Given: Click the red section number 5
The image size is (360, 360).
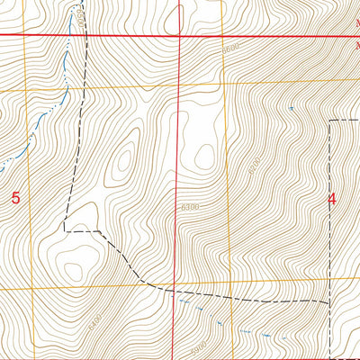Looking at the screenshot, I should [x=15, y=197].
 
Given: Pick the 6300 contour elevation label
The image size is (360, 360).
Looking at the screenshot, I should [x=190, y=208].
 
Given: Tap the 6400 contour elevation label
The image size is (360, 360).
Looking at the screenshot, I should [x=96, y=318].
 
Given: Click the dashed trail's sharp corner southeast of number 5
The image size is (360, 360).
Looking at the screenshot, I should [x=64, y=230].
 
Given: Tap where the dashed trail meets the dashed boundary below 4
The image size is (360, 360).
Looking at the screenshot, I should [x=329, y=301].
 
